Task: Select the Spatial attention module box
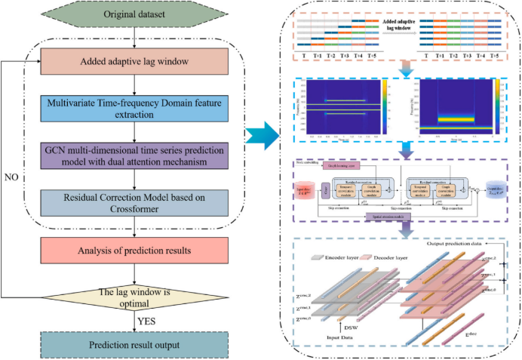[x=388, y=217]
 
